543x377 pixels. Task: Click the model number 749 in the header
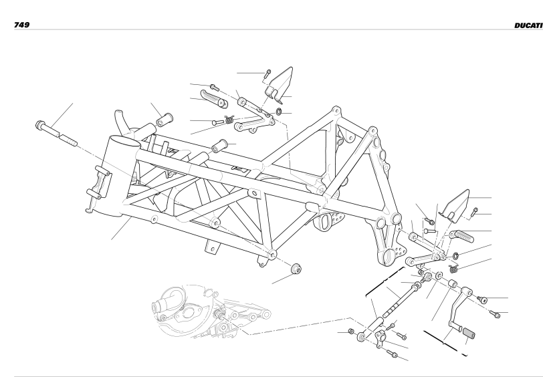[21, 25]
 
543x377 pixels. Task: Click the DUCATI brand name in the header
[528, 25]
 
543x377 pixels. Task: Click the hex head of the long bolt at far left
[40, 124]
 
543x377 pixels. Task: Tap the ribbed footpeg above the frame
[214, 98]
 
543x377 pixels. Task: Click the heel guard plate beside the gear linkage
[454, 206]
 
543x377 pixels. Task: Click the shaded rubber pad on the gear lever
[469, 333]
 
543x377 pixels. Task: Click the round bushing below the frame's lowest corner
[296, 268]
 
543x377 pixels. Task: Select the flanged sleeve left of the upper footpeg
[164, 120]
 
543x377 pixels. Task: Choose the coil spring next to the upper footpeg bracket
[229, 120]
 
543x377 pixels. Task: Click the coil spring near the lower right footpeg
[453, 268]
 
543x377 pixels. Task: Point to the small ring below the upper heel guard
[279, 112]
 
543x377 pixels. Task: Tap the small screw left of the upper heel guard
[267, 74]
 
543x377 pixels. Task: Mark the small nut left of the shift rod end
[351, 332]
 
